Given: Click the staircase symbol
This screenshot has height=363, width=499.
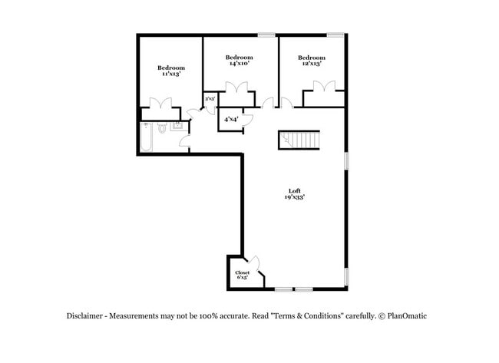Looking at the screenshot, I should click(299, 140).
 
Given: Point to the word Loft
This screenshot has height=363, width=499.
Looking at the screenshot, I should click(295, 191).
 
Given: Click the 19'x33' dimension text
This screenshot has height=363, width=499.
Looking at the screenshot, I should click(295, 198).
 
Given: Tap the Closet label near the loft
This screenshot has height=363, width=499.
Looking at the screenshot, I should click(242, 272).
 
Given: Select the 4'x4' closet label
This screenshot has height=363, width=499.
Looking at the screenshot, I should click(230, 120).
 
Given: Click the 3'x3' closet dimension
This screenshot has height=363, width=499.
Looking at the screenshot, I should click(209, 99).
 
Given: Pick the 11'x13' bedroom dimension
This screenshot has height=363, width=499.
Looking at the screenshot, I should click(170, 74).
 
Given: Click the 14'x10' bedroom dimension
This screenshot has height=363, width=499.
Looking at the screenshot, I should click(239, 64).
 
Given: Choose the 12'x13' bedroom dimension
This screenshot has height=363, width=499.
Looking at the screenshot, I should click(311, 64).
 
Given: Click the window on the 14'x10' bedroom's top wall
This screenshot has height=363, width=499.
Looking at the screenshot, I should click(266, 35).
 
